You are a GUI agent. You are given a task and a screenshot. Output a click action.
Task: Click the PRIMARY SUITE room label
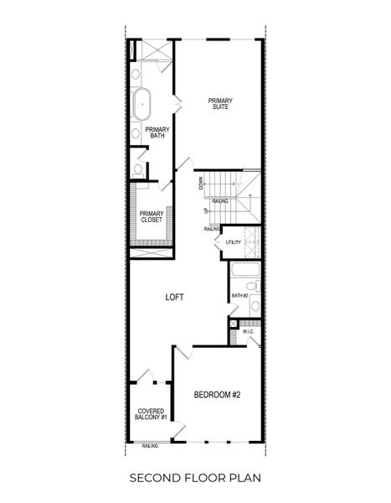click(219, 104)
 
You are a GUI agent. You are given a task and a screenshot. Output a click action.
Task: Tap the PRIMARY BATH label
click(157, 132)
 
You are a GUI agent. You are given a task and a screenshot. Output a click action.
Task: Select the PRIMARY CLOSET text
click(152, 217)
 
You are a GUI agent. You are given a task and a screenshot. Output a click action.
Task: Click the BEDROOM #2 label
click(217, 395)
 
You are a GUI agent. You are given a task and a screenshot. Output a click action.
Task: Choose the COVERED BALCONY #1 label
click(152, 414)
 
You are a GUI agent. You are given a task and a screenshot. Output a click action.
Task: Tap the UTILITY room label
click(233, 243)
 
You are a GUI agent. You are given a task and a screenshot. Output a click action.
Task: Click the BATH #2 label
click(239, 295)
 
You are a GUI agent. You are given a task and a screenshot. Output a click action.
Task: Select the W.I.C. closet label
click(249, 332)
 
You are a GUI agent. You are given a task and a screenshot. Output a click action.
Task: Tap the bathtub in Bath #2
click(245, 270)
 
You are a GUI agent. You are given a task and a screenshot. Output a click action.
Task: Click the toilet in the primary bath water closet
click(138, 169)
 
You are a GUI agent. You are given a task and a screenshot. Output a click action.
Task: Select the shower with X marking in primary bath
click(156, 49)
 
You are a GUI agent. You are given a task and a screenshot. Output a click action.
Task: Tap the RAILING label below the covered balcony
click(151, 446)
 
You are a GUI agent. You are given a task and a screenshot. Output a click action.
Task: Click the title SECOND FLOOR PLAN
click(195, 478)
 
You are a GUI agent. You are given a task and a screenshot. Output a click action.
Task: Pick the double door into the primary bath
click(176, 103)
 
